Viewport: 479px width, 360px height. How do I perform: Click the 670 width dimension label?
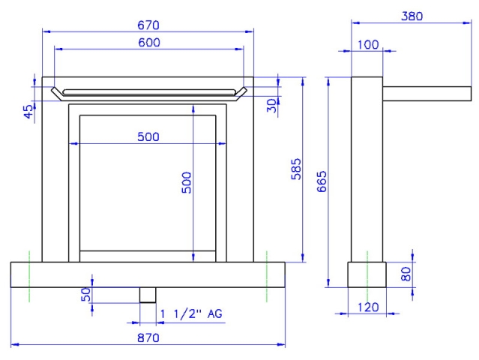click(148, 25)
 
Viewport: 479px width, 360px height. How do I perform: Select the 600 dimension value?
click(148, 42)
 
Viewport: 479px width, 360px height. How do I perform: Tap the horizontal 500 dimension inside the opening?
click(148, 136)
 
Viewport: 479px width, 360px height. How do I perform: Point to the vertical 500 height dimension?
click(187, 182)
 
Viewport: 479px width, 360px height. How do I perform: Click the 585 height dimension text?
click(295, 169)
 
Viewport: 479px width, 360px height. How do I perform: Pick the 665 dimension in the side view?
click(322, 181)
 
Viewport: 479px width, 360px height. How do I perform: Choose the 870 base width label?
click(148, 337)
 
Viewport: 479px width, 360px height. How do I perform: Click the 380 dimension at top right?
click(412, 16)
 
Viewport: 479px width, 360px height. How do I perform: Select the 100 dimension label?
click(368, 44)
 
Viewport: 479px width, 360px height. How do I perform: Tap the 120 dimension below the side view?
click(368, 307)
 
